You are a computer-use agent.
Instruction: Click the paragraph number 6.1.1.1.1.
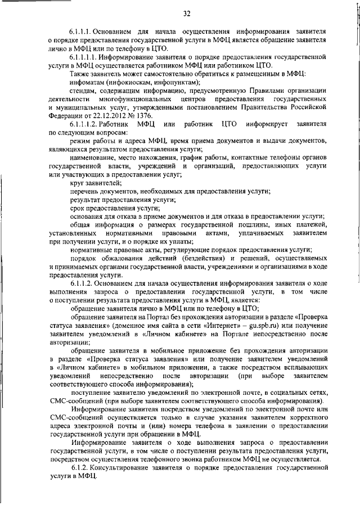point(85,57)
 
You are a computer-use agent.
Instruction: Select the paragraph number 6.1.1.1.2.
point(85,123)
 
